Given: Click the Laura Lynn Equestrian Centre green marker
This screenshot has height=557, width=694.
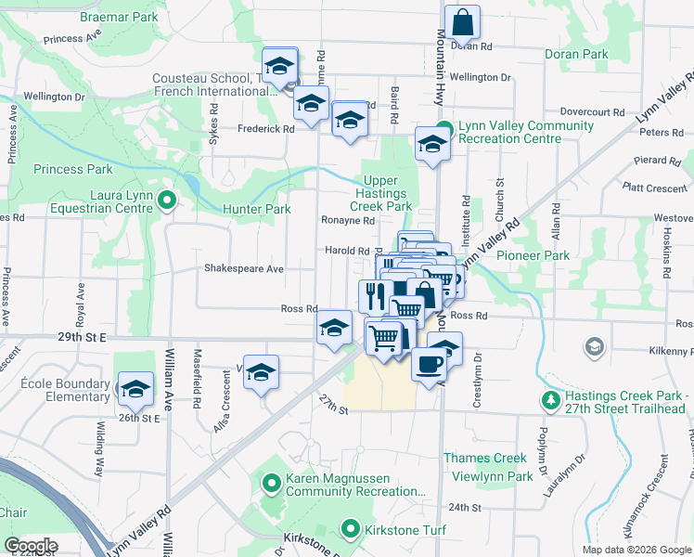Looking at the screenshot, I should (x=167, y=199).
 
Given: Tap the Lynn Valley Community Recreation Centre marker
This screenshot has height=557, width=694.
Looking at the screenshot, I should (x=444, y=128).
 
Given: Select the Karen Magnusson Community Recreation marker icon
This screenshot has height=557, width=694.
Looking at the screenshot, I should (x=272, y=482).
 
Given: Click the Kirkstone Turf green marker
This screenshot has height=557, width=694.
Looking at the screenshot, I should (x=350, y=530).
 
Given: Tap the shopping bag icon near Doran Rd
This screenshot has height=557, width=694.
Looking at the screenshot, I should (x=461, y=22).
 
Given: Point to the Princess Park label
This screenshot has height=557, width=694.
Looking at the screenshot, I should (x=73, y=169).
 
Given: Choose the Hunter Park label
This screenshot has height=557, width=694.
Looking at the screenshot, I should (x=257, y=210).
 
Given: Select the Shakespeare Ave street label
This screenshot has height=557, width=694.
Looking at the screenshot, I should (x=244, y=268).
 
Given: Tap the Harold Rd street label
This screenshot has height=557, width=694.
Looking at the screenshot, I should (x=347, y=251).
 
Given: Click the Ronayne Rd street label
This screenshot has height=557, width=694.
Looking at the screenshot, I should (x=348, y=221).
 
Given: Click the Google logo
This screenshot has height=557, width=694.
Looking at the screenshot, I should (x=32, y=546).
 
